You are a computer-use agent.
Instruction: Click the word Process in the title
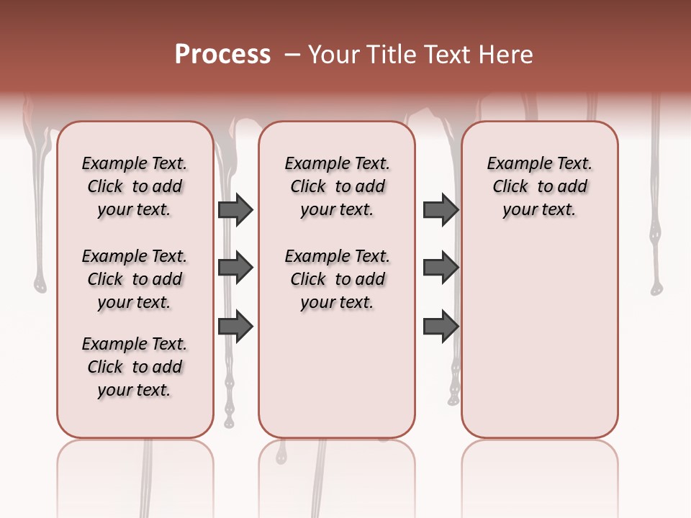point(222,55)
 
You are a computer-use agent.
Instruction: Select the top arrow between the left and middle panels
point(235,209)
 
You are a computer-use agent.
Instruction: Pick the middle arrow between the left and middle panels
point(235,268)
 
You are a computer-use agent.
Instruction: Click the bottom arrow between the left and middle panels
point(235,327)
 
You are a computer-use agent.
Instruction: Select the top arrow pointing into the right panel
point(441,209)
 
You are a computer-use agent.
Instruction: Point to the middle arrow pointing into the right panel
point(441,268)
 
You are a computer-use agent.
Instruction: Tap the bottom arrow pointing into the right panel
point(441,327)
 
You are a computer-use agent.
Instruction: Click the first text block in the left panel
point(134,186)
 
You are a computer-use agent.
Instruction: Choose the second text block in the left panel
point(134,279)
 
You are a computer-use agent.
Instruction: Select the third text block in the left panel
point(134,367)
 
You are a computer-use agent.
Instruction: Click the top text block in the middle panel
point(337,186)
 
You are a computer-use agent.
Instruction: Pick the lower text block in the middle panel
point(337,279)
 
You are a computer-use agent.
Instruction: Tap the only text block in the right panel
point(539,186)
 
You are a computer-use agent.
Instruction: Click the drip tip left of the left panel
point(40,286)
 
